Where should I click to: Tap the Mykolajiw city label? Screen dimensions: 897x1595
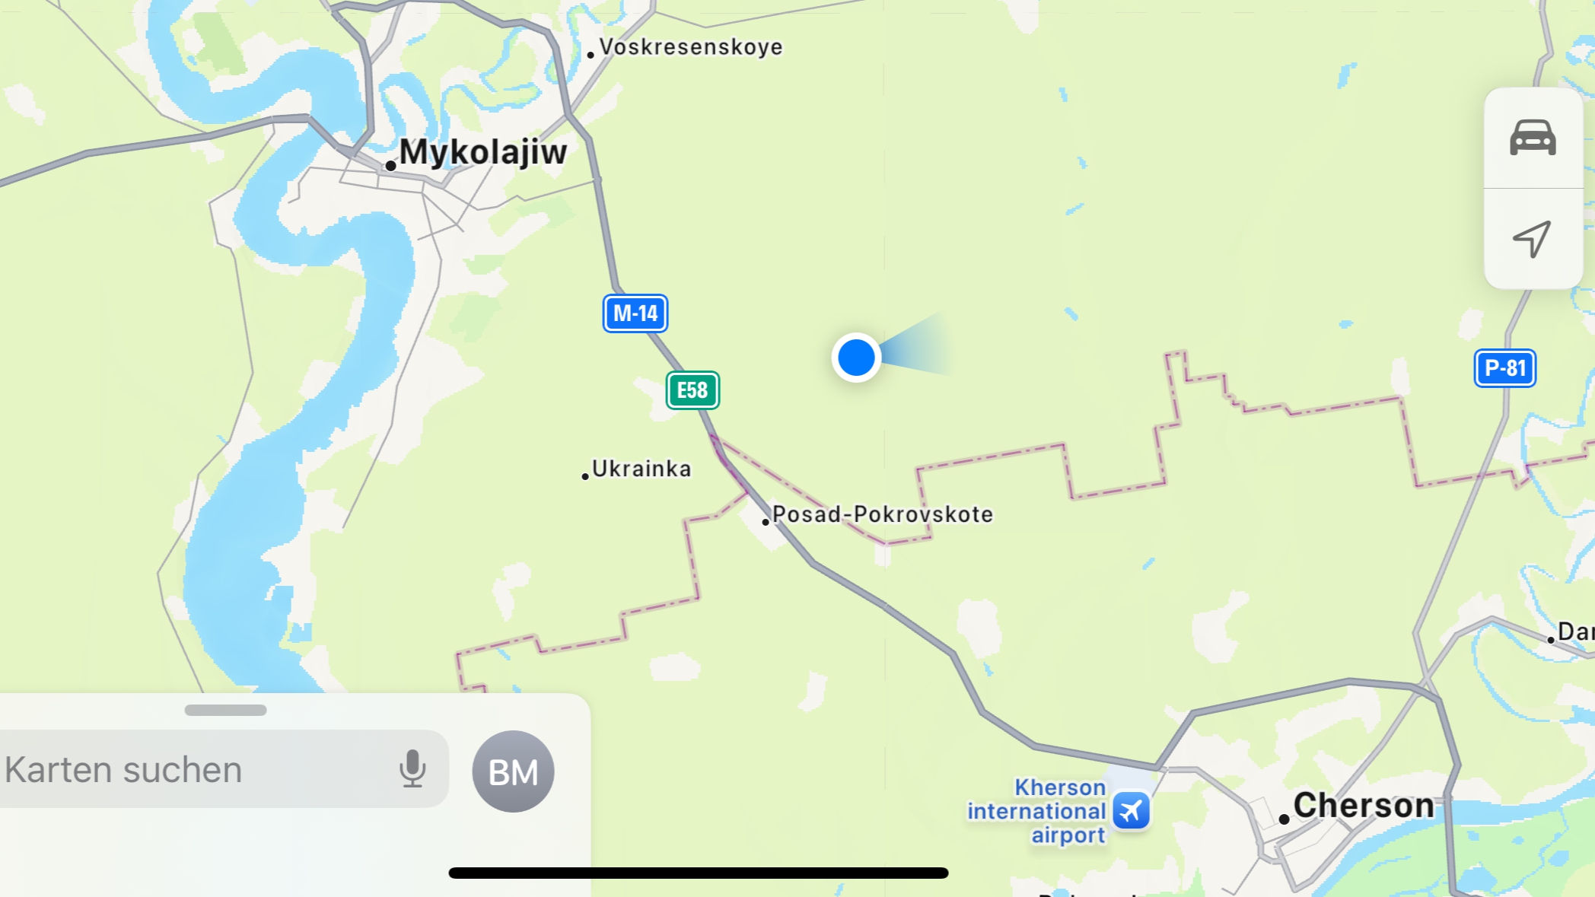click(x=482, y=152)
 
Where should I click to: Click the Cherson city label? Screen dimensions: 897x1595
click(x=1363, y=805)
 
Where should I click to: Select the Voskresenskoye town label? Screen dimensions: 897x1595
click(x=690, y=47)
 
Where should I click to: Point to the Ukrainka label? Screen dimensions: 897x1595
click(x=641, y=469)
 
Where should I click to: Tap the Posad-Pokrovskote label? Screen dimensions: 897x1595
click(x=882, y=514)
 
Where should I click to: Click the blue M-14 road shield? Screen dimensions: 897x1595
click(x=635, y=313)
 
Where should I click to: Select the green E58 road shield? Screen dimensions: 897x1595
click(x=692, y=390)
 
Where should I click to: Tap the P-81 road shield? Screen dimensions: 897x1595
click(x=1504, y=368)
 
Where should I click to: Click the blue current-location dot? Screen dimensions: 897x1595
click(x=856, y=358)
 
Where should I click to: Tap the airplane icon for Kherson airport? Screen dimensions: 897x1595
click(x=1132, y=810)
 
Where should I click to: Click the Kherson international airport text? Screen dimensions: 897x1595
click(x=1036, y=811)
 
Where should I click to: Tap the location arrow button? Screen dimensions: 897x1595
click(x=1532, y=239)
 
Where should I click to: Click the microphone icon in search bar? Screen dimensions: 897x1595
click(x=412, y=768)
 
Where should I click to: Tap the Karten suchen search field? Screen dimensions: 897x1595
click(x=190, y=769)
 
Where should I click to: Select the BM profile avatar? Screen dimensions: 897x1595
click(x=513, y=771)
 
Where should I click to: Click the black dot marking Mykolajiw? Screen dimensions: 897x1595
click(x=390, y=166)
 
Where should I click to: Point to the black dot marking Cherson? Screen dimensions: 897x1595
click(x=1284, y=819)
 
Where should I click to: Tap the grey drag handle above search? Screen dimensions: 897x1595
click(x=225, y=710)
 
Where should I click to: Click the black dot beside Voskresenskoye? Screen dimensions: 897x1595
click(x=591, y=55)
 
